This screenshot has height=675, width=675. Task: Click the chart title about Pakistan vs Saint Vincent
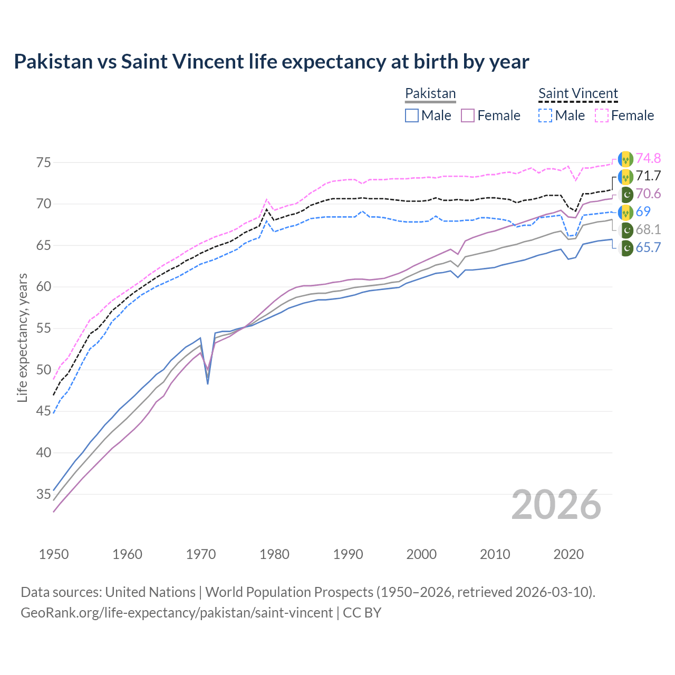click(271, 62)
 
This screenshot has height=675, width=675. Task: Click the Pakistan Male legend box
click(412, 115)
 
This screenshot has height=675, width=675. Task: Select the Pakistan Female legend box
click(468, 115)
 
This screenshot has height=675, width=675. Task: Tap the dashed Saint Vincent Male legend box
click(545, 115)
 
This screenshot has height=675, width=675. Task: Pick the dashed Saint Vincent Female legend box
click(601, 115)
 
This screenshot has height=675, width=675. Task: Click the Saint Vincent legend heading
click(578, 93)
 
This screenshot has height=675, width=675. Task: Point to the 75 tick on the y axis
click(44, 162)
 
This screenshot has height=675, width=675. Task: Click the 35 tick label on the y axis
click(44, 494)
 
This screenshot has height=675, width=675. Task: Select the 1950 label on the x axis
click(54, 554)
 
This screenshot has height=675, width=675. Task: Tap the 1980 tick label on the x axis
click(274, 554)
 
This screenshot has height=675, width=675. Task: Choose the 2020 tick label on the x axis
click(568, 554)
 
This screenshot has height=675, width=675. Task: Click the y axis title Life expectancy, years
click(23, 337)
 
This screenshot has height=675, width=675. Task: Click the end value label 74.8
click(648, 158)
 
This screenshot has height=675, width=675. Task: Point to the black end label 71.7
click(648, 176)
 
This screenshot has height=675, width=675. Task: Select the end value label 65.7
click(648, 247)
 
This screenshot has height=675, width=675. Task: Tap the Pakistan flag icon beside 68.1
click(626, 230)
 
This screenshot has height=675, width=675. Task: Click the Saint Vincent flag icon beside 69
click(626, 212)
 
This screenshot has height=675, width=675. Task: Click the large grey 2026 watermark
click(556, 505)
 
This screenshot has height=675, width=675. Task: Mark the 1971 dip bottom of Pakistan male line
click(208, 383)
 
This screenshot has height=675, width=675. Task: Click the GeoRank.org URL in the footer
click(177, 613)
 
